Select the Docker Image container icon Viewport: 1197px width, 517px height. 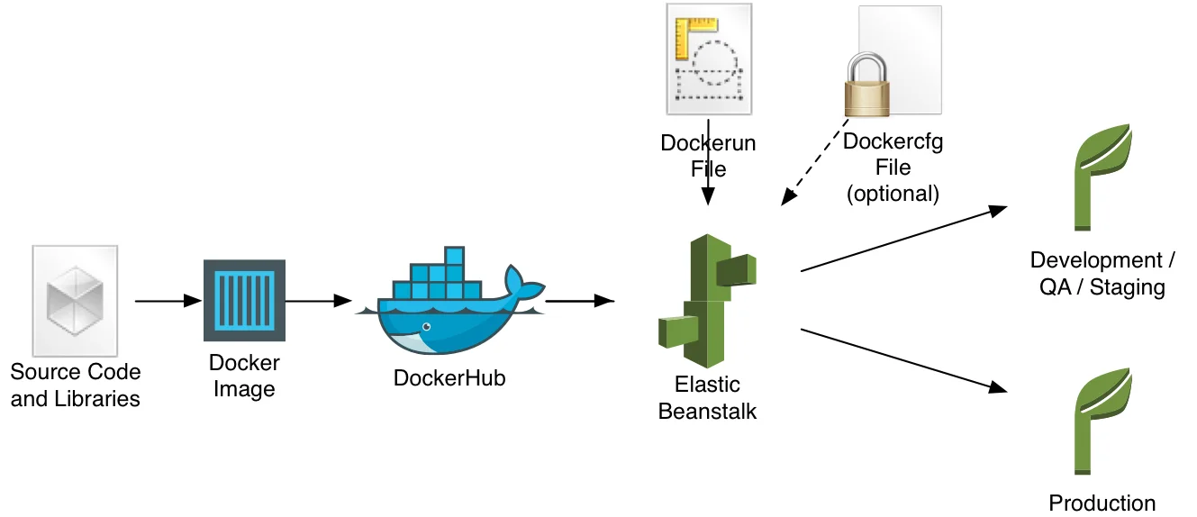coord(244,300)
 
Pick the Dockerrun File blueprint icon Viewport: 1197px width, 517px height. coord(708,60)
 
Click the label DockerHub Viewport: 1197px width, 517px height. coord(449,378)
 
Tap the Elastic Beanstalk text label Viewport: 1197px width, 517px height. coord(707,398)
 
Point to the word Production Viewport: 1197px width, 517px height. coord(1102,503)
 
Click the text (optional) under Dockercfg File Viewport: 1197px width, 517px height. coord(892,193)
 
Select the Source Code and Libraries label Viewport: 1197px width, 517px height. coord(76,385)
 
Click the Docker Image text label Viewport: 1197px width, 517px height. coord(244,376)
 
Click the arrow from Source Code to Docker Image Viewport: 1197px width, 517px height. coord(168,301)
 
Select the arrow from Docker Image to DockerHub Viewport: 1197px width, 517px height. coord(318,301)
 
